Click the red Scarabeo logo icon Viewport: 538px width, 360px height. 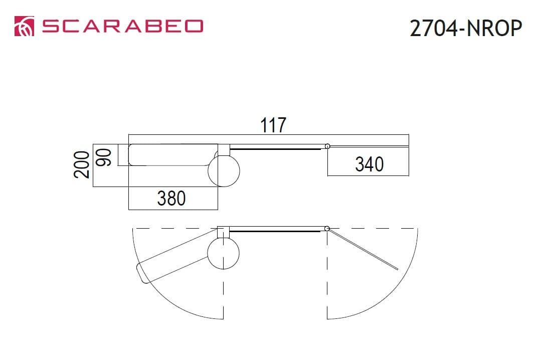click(25, 26)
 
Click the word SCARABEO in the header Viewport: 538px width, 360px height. click(122, 27)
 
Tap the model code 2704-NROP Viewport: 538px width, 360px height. click(466, 28)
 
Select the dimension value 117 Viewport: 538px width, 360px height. click(273, 125)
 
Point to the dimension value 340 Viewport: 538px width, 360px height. click(369, 164)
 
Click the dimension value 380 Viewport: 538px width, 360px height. click(171, 198)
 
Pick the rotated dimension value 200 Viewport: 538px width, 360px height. click(82, 164)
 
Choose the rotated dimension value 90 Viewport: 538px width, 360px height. click(103, 157)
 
